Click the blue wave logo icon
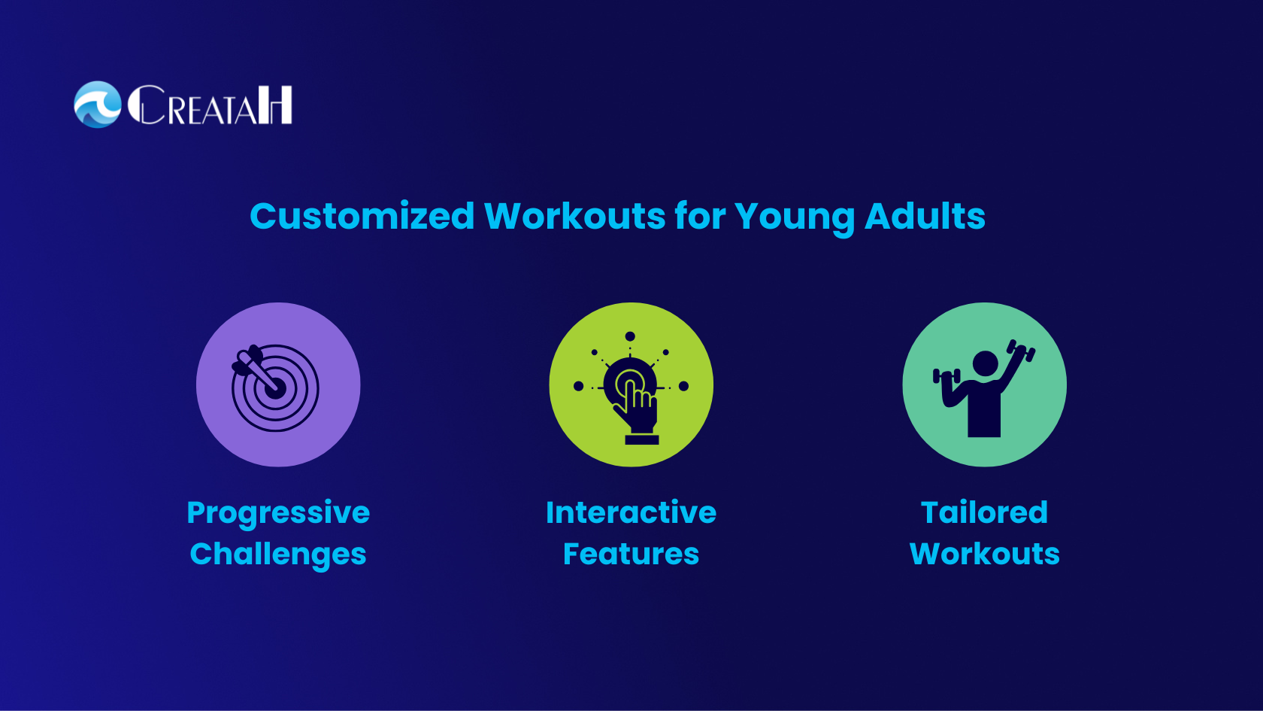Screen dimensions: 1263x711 click(x=98, y=105)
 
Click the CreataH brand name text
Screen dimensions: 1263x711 click(x=210, y=105)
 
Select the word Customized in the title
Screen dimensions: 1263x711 click(x=362, y=217)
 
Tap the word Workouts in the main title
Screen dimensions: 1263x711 click(x=575, y=216)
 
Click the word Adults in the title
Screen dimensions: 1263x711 click(x=925, y=215)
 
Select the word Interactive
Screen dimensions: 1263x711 click(x=631, y=513)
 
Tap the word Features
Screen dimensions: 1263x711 click(x=631, y=554)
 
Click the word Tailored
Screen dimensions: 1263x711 click(x=985, y=513)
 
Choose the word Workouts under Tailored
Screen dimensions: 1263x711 click(x=985, y=554)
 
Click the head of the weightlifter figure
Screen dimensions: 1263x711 click(x=985, y=363)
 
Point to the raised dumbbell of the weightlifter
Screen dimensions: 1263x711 click(x=1021, y=351)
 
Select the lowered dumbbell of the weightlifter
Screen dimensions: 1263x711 click(x=946, y=376)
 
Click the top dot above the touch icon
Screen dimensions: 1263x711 click(x=630, y=336)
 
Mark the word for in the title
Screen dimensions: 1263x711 click(x=701, y=215)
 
